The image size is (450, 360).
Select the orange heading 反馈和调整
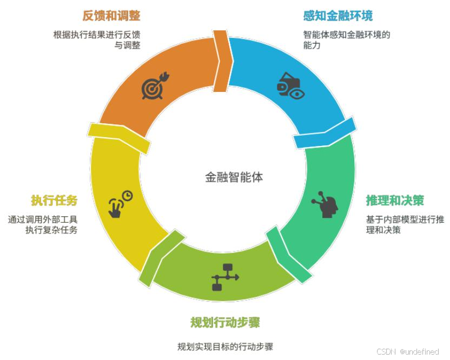click(x=111, y=16)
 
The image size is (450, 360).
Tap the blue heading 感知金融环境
click(x=338, y=16)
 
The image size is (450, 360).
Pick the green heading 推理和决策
click(x=395, y=201)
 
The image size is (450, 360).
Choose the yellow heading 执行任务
click(x=54, y=201)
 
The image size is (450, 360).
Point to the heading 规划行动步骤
click(x=225, y=323)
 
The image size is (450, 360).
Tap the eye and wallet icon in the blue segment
click(x=290, y=86)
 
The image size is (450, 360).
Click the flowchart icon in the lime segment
click(x=224, y=277)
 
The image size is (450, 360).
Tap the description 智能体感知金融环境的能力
click(x=347, y=40)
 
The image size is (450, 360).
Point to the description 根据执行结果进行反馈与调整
click(x=97, y=40)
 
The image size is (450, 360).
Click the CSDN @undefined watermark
click(x=407, y=352)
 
